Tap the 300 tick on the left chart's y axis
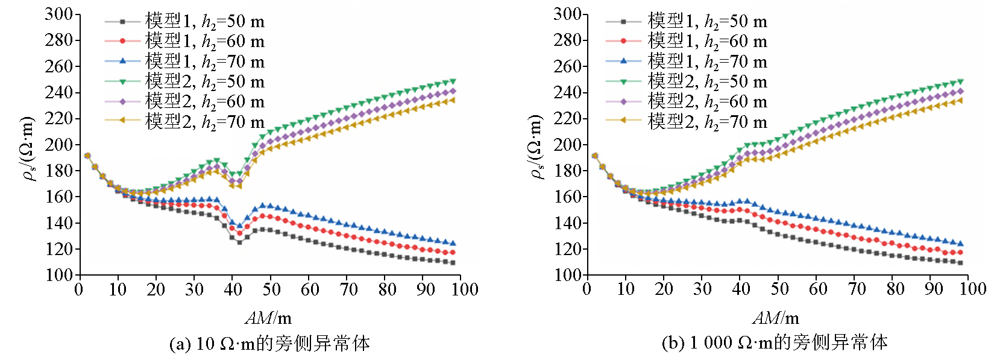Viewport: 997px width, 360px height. tap(58, 14)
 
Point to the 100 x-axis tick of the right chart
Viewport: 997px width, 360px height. tap(972, 289)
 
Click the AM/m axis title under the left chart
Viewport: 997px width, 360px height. tap(268, 318)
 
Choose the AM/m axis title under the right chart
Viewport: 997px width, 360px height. tap(776, 318)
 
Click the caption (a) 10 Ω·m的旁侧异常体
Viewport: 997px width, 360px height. tap(269, 344)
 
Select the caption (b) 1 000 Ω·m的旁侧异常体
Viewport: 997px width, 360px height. tap(774, 343)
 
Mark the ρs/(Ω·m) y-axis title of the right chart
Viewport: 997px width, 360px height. tap(536, 148)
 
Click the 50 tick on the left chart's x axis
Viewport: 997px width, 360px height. tap(271, 289)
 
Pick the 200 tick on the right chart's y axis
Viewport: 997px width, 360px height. tap(567, 145)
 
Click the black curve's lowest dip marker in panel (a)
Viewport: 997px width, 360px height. tap(239, 242)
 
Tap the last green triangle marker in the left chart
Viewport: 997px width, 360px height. tap(453, 81)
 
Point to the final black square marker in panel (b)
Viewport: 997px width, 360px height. tap(960, 263)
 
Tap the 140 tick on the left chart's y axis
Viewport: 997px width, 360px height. tap(58, 223)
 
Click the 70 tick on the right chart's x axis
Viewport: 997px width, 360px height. tap(857, 289)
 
